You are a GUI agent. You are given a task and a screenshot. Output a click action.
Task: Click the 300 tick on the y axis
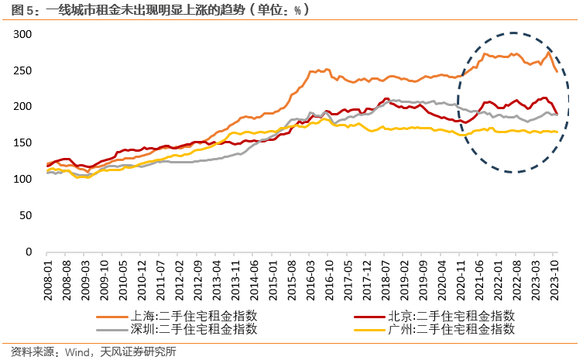pyautogui.click(x=22, y=34)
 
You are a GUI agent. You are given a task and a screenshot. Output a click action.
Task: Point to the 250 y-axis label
pyautogui.click(x=22, y=70)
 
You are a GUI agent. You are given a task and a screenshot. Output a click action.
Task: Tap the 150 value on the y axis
pyautogui.click(x=22, y=143)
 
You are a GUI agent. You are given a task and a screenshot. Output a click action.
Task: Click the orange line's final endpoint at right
pyautogui.click(x=556, y=72)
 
